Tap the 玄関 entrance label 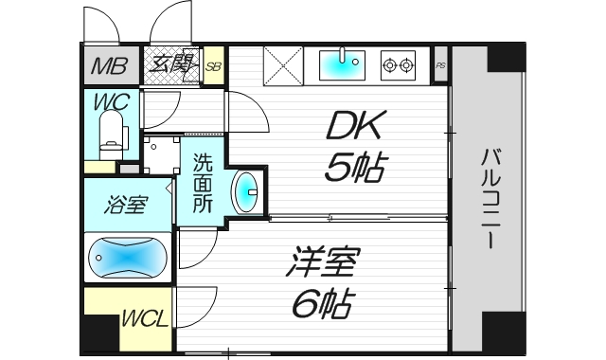(x=170, y=66)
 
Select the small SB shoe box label (x=213, y=66)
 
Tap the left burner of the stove (x=389, y=65)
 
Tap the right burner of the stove (x=407, y=65)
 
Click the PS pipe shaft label (x=440, y=66)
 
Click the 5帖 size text (x=354, y=169)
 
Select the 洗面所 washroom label (x=203, y=182)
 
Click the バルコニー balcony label (x=490, y=199)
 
